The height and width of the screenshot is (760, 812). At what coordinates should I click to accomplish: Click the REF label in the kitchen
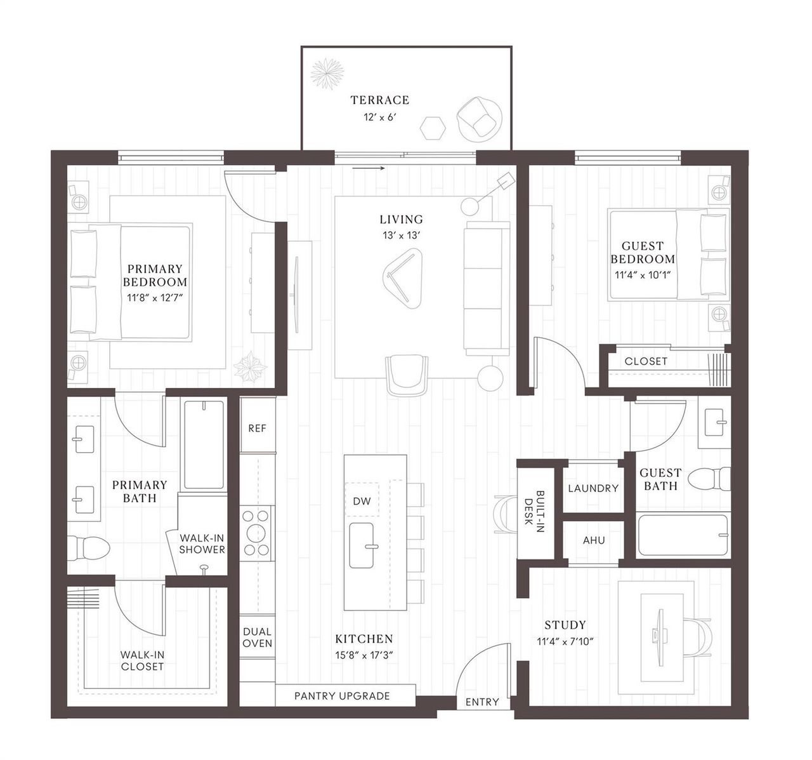pyautogui.click(x=257, y=428)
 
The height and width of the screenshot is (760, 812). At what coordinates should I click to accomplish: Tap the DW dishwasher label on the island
pyautogui.click(x=362, y=501)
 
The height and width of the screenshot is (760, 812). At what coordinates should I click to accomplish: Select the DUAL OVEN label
pyautogui.click(x=257, y=637)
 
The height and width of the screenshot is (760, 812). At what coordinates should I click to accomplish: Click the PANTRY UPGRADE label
pyautogui.click(x=342, y=696)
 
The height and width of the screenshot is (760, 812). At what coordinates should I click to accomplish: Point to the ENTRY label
pyautogui.click(x=482, y=702)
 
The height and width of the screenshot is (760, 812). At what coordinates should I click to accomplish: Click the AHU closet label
pyautogui.click(x=594, y=540)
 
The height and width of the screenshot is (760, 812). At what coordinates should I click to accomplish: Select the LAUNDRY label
pyautogui.click(x=593, y=488)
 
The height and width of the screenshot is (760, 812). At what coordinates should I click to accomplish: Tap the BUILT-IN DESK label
pyautogui.click(x=535, y=510)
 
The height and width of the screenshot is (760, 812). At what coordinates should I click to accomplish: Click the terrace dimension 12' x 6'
pyautogui.click(x=380, y=117)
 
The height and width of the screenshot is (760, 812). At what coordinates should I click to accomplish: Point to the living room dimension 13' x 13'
pyautogui.click(x=401, y=235)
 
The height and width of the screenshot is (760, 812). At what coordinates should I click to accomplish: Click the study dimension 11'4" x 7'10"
pyautogui.click(x=565, y=641)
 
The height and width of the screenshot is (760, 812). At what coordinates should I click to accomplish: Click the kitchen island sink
pyautogui.click(x=367, y=546)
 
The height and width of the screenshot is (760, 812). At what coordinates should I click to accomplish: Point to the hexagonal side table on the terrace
pyautogui.click(x=433, y=128)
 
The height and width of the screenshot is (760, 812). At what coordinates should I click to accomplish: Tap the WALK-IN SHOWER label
pyautogui.click(x=202, y=543)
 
